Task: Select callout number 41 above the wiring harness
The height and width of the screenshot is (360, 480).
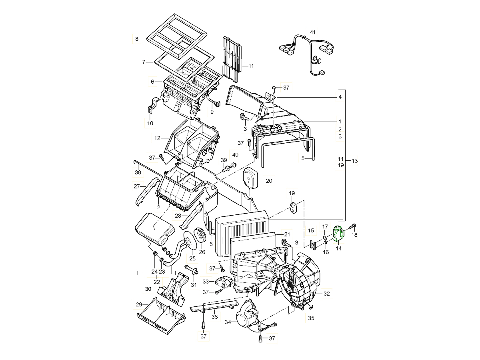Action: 313,32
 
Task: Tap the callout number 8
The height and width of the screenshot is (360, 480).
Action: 136,39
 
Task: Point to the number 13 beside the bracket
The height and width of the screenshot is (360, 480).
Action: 354,160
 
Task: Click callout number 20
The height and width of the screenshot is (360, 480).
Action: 269,181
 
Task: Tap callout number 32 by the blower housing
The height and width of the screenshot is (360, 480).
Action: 326,294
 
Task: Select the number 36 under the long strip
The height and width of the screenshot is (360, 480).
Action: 214,317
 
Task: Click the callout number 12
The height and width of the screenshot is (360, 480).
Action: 157,138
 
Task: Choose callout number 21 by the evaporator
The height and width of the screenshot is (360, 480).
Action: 286,234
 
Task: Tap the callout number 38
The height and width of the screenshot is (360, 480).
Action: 138,173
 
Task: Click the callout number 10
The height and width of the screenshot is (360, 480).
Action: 150,123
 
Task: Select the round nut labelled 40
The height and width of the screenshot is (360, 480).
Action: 234,164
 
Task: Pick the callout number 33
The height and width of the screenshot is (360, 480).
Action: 206,282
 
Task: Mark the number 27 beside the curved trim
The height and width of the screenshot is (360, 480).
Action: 136,186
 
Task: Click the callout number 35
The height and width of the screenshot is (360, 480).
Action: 311,318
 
